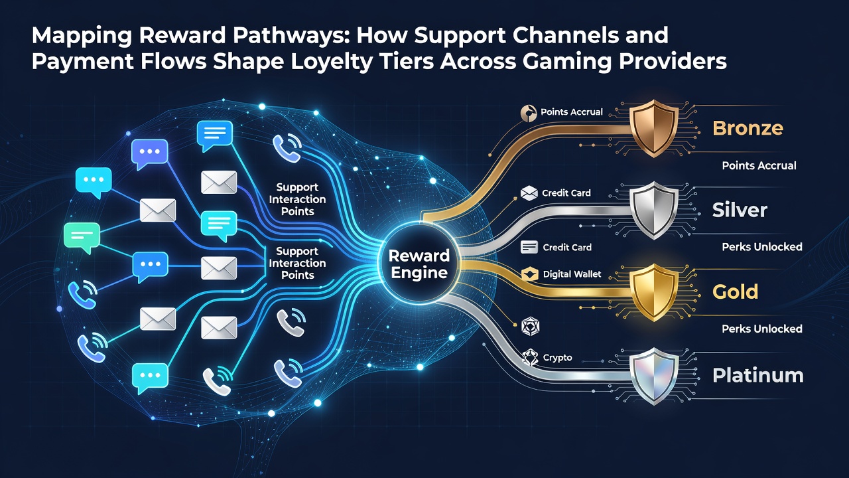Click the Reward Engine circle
tap(419, 263)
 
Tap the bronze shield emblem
tap(653, 128)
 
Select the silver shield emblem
tap(653, 210)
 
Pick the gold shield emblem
tap(653, 291)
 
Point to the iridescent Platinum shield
tap(653, 376)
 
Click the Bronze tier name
tap(748, 128)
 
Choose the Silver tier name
tap(740, 210)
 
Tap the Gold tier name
tap(736, 291)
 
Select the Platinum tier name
tap(757, 376)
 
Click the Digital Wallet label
tap(572, 274)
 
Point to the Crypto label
tap(557, 358)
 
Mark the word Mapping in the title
tap(82, 36)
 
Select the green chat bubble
tap(82, 238)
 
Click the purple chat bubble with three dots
tap(150, 153)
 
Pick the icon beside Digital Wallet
tap(529, 274)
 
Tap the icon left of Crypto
tap(529, 358)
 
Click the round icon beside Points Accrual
tap(529, 113)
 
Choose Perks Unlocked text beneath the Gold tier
tap(762, 329)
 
